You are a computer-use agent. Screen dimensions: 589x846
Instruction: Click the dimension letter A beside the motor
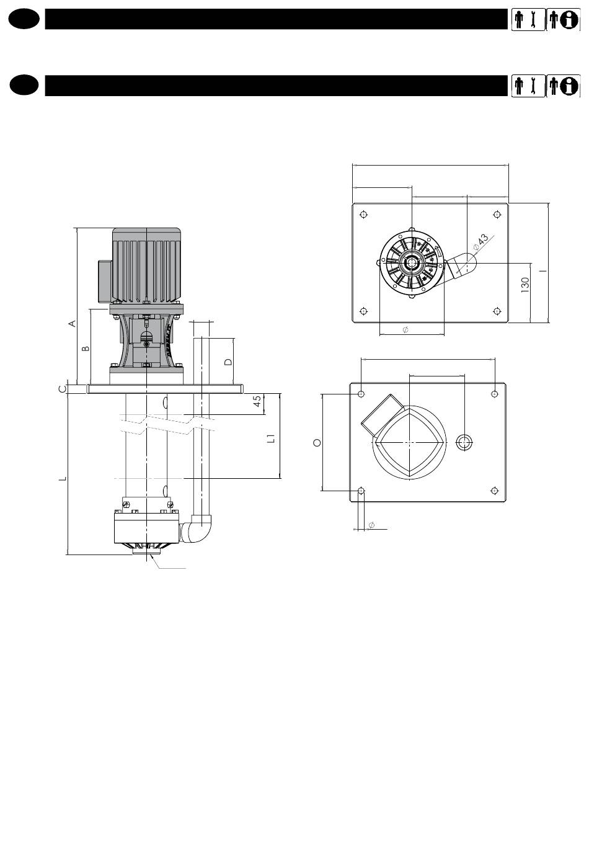[73, 323]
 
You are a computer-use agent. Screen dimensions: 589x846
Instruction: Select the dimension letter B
[86, 348]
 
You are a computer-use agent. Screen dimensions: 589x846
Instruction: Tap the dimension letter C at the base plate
[63, 389]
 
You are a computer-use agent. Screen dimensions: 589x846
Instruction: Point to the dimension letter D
[228, 362]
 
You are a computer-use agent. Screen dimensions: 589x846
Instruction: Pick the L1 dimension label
[271, 438]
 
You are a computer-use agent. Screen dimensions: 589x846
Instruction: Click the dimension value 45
[257, 401]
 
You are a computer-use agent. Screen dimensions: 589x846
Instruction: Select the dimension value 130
[525, 285]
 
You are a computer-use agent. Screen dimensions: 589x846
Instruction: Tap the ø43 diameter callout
[480, 242]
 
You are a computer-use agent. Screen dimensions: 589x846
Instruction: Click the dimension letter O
[317, 442]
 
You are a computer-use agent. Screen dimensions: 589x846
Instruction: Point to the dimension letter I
[543, 271]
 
